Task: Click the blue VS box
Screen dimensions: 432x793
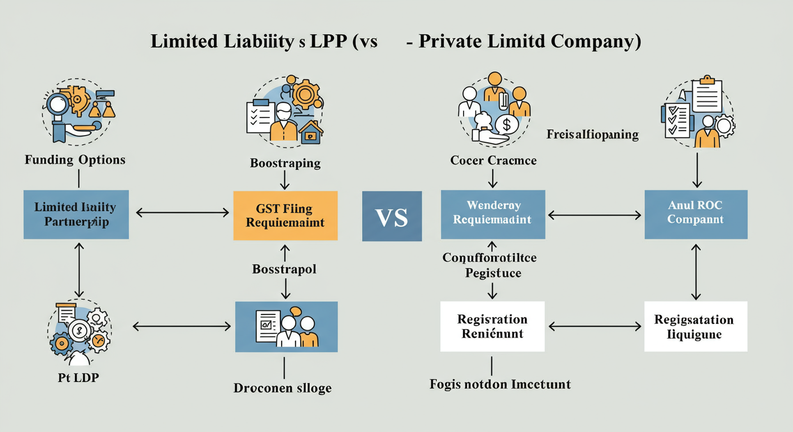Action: click(x=392, y=217)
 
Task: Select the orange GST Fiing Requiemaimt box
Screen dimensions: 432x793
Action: click(x=286, y=215)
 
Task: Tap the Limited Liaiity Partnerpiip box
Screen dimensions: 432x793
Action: click(x=76, y=214)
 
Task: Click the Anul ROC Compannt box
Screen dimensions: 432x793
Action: click(x=695, y=214)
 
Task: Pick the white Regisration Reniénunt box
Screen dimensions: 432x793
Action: click(x=493, y=326)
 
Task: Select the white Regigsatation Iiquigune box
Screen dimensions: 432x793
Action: click(x=695, y=326)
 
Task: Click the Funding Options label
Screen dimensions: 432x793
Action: click(x=75, y=160)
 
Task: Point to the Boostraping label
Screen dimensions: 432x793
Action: click(x=285, y=163)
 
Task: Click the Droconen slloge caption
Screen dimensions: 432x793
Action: click(x=283, y=388)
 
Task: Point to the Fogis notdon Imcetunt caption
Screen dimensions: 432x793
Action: click(x=500, y=384)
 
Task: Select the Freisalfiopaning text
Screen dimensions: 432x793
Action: click(x=592, y=134)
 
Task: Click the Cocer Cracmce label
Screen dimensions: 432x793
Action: click(x=493, y=160)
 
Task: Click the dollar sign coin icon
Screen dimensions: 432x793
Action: click(x=506, y=125)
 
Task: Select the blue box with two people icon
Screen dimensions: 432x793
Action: click(x=286, y=327)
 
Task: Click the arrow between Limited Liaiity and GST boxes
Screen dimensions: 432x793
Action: click(x=182, y=213)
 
